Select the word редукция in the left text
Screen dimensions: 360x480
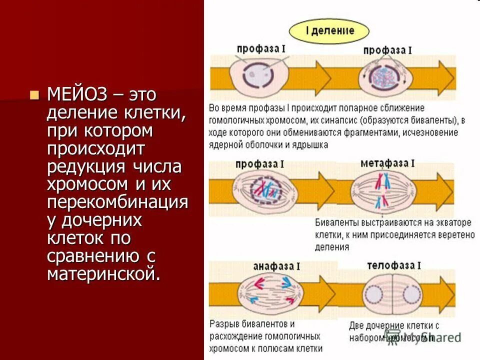pyautogui.click(x=86, y=166)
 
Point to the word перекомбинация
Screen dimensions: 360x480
pyautogui.click(x=117, y=202)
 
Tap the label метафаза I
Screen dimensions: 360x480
pyautogui.click(x=386, y=164)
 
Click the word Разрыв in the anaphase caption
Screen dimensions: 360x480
pyautogui.click(x=225, y=323)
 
